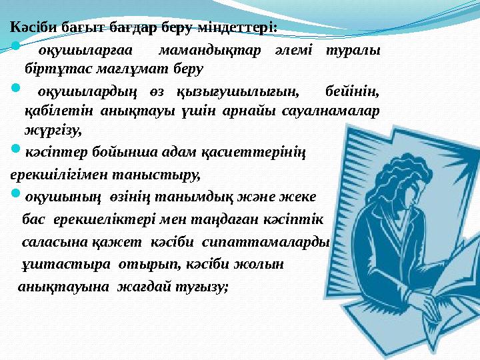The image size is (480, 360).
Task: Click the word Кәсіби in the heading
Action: click(x=33, y=27)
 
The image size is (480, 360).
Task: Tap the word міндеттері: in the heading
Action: click(x=237, y=27)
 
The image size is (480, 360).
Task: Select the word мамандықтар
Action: click(x=210, y=50)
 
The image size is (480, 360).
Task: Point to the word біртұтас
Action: click(x=58, y=69)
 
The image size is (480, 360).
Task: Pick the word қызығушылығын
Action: click(x=238, y=92)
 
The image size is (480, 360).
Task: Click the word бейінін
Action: click(x=353, y=91)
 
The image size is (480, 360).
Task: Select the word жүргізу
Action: click(x=53, y=131)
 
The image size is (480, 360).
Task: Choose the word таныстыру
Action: click(x=157, y=175)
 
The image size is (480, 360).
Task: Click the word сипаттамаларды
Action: click(x=265, y=243)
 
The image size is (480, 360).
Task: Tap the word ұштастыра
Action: click(x=66, y=265)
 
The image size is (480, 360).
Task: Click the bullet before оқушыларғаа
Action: click(x=15, y=47)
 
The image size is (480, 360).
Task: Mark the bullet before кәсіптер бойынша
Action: click(x=15, y=149)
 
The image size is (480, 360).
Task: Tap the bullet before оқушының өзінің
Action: click(x=15, y=193)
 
